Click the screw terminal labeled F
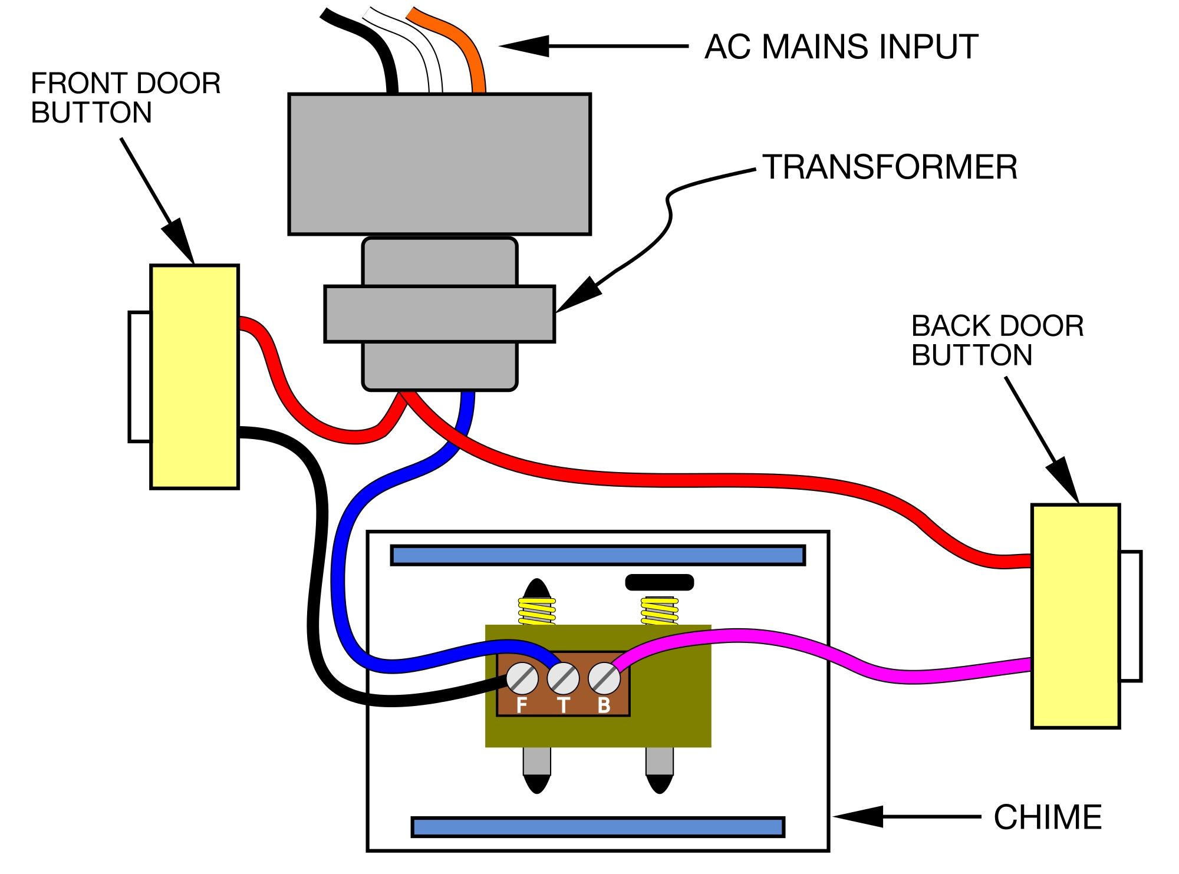[522, 678]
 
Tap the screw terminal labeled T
[563, 678]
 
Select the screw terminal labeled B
[604, 678]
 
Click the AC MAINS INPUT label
[841, 47]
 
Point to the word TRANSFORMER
[890, 167]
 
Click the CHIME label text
[1048, 817]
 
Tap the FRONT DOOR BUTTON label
[125, 98]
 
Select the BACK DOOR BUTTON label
[997, 341]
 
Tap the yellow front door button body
[195, 377]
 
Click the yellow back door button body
[1075, 616]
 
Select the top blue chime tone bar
[598, 555]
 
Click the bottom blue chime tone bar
[598, 827]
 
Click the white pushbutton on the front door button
[140, 377]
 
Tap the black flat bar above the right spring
[659, 582]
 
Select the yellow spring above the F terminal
[536, 611]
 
